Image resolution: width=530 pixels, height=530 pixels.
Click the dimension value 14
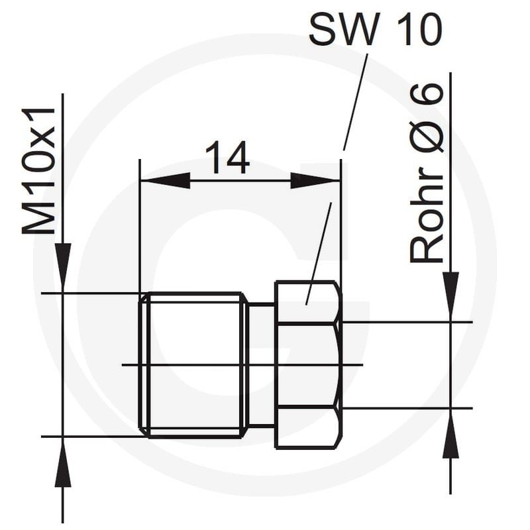(227, 158)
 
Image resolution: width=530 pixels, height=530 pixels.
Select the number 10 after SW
(419, 30)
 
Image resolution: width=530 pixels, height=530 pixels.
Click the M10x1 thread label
(38, 171)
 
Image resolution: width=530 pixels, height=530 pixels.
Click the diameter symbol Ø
(427, 138)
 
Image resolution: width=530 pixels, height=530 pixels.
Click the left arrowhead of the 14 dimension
(165, 180)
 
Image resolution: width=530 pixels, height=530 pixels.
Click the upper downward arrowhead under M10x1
(63, 267)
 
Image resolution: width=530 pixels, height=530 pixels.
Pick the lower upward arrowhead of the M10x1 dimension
(63, 462)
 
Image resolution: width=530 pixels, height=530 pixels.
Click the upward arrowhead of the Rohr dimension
(450, 433)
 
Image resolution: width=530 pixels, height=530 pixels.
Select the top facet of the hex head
(308, 302)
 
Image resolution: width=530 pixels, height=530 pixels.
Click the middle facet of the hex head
(308, 365)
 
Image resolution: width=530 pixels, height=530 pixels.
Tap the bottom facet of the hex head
(308, 428)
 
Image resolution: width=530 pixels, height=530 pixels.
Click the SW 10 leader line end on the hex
(307, 304)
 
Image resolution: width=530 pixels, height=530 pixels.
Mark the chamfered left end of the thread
(144, 365)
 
